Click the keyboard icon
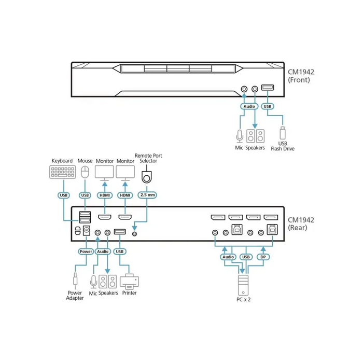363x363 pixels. [61, 172]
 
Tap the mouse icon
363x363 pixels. [86, 172]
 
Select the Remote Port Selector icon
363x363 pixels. [147, 178]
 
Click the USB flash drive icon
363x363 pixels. [283, 133]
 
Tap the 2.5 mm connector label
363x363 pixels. [147, 195]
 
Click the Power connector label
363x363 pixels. [86, 251]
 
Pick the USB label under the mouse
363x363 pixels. [86, 195]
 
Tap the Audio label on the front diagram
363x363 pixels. [249, 107]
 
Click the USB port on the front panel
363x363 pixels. [267, 89]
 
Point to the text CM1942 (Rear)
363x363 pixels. [301, 224]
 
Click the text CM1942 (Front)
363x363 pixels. [301, 76]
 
